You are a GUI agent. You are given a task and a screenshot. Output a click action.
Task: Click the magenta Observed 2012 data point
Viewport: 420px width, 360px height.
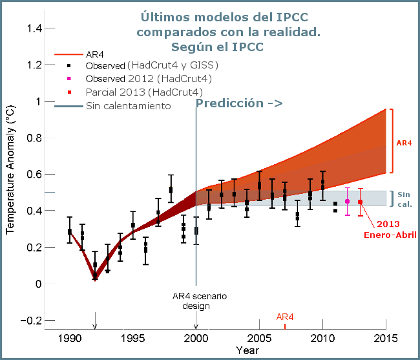coord(348,201)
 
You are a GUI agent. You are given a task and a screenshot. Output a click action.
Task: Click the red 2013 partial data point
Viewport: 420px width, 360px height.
coord(360,202)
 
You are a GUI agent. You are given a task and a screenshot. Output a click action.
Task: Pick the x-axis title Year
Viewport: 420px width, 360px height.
coord(247,350)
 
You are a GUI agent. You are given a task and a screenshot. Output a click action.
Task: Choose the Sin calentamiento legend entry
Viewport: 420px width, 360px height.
coord(128,105)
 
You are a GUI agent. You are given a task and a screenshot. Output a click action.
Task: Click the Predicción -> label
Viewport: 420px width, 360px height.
coord(239,103)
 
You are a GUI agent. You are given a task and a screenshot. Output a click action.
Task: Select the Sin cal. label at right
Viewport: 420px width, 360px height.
coord(404,198)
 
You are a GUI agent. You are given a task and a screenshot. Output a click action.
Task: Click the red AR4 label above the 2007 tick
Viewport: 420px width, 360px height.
coord(285,317)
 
